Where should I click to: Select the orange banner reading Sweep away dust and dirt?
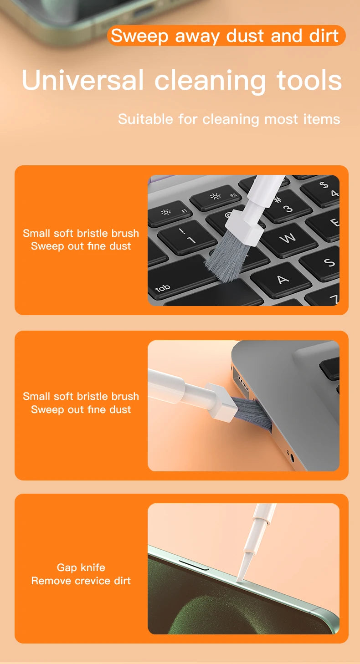point(226,36)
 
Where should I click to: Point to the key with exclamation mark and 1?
point(187,237)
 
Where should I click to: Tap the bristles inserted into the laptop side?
point(253,409)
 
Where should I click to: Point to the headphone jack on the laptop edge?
point(290,454)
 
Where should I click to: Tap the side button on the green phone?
point(194,565)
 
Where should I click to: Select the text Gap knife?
point(81,567)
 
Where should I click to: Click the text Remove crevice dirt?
point(81,581)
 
